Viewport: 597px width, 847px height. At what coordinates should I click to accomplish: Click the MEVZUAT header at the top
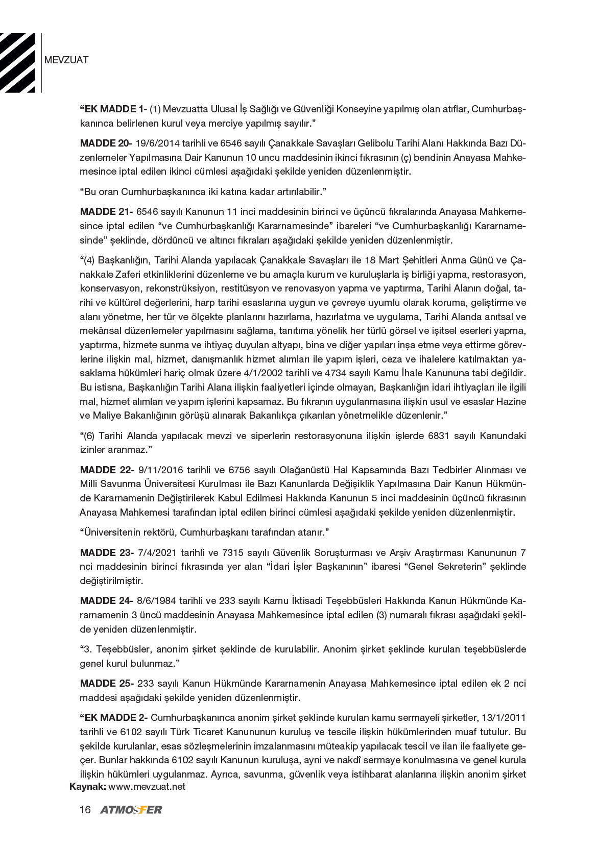66,60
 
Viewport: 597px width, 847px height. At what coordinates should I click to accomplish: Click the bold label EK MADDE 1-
114,110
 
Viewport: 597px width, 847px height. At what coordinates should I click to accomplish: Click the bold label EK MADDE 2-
114,718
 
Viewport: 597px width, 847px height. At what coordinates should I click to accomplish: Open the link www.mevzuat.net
147,787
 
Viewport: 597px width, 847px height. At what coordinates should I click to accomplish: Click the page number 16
85,810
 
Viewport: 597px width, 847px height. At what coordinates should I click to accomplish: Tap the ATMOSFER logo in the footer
131,810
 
